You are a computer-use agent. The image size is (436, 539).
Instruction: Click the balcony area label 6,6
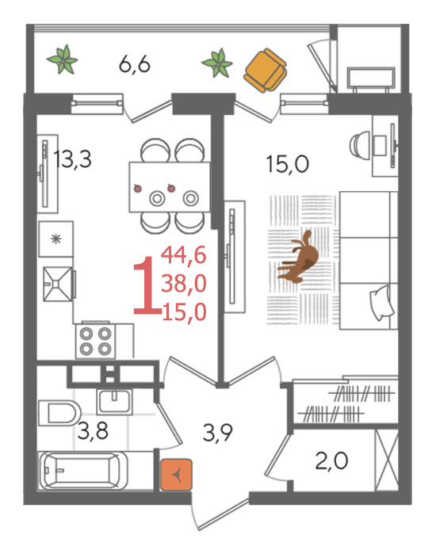coord(135,64)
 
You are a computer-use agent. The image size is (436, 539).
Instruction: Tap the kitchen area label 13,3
coord(73,159)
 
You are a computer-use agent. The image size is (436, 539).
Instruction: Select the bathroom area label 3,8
coord(93,431)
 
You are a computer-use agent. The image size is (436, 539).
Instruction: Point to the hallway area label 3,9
coord(218,433)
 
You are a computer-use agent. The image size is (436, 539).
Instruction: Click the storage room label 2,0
coord(331,461)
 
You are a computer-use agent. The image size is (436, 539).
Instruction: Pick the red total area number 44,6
coord(184,254)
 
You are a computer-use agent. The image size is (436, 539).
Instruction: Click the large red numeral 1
coord(147,285)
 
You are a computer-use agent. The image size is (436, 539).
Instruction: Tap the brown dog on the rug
coord(298,257)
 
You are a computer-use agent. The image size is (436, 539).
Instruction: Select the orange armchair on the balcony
coord(265,70)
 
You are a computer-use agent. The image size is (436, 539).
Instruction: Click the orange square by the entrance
coord(176,475)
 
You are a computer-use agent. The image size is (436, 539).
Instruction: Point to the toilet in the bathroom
coord(59,413)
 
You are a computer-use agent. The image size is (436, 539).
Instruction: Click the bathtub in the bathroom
coord(83,471)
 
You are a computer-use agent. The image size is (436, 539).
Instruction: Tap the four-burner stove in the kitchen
coord(96,341)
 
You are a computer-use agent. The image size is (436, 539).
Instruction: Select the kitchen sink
coord(58,284)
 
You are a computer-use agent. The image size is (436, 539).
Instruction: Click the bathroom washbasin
coord(114,402)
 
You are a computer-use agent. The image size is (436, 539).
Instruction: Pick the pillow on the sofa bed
coord(381,303)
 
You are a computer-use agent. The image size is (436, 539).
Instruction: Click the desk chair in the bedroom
coord(359,144)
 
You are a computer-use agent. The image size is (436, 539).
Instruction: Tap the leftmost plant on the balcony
coord(63,59)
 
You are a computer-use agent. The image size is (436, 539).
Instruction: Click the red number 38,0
coord(184,284)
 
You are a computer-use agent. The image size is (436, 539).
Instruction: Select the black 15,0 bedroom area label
coord(288,164)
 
